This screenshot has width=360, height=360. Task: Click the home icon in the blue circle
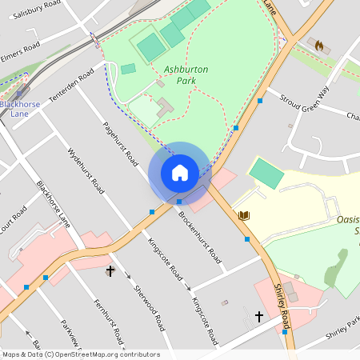(179, 172)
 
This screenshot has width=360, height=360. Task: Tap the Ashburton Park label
(186, 74)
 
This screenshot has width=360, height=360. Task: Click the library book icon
(244, 216)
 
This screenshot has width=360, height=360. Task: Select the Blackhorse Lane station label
(17, 108)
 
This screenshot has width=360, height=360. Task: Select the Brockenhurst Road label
(200, 237)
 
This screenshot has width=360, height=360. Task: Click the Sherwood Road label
(150, 308)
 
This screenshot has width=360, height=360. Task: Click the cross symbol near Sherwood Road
(110, 271)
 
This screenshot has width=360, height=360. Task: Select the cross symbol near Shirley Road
(258, 317)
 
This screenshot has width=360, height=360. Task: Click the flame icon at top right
(321, 46)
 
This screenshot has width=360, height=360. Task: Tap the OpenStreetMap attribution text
(80, 354)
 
